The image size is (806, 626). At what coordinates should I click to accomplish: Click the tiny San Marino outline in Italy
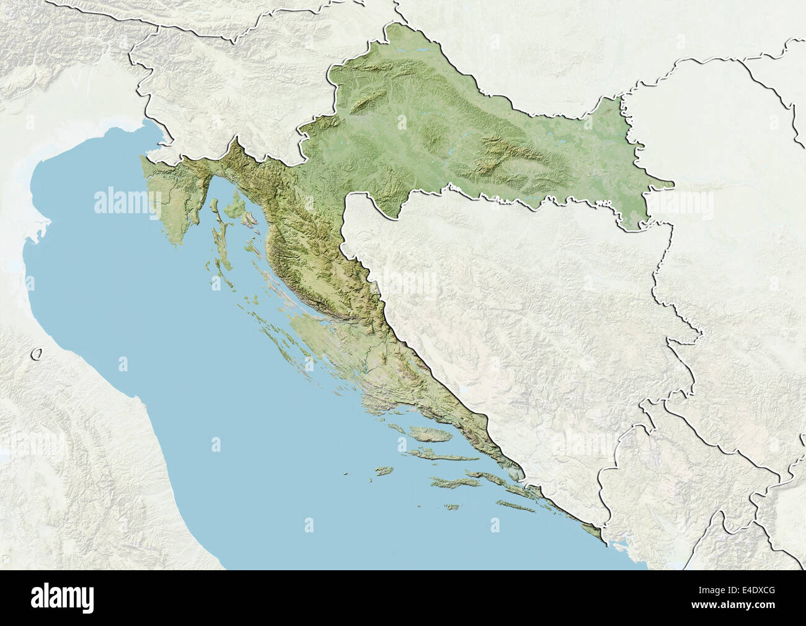(38, 355)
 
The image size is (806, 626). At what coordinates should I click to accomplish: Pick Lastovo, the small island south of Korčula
(451, 508)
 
